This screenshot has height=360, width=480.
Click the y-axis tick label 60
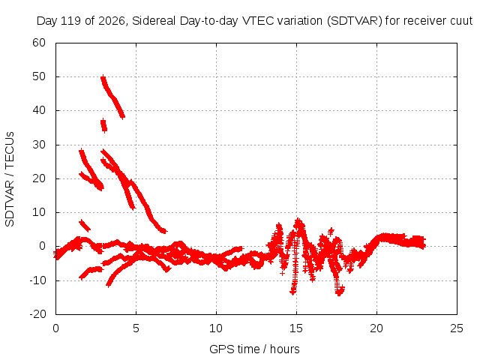39,43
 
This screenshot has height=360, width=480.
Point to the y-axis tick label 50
39,76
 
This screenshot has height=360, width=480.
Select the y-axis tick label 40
39,110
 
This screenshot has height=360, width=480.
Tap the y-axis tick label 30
39,145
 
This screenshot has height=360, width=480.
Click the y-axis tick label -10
37,280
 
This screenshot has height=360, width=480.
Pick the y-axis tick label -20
37,314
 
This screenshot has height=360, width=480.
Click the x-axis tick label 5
136,328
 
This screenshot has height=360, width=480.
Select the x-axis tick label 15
296,328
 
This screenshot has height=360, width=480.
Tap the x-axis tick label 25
457,328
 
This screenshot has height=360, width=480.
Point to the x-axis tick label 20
376,328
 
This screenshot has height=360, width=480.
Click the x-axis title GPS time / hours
254,349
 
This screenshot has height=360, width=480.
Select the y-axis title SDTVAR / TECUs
10,179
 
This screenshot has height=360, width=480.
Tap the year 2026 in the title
112,21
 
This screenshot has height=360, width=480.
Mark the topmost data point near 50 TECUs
103,76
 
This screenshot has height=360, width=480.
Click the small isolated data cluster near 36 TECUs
103,125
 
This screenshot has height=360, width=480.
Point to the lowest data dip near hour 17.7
339,293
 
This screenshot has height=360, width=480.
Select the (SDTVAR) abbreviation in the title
355,21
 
